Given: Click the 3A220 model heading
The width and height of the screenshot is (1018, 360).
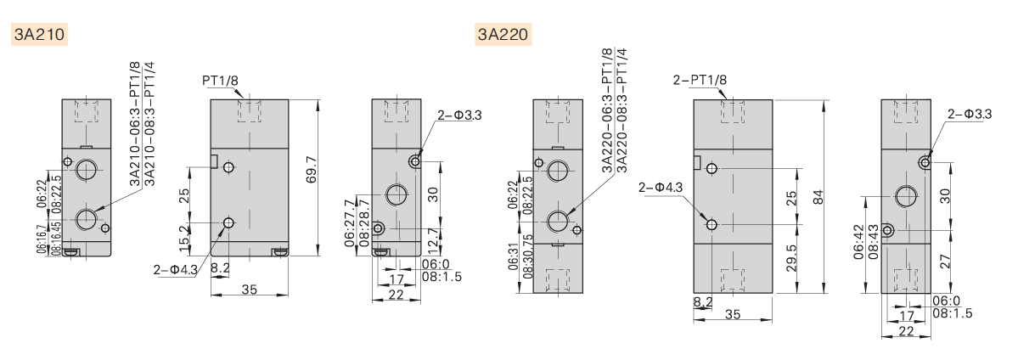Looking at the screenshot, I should tap(503, 35).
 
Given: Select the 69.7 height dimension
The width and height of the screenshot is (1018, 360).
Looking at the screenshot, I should tap(312, 175).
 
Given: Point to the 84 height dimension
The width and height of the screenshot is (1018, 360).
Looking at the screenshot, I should tap(818, 197).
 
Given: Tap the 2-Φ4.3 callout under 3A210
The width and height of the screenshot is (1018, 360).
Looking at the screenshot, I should tap(175, 269).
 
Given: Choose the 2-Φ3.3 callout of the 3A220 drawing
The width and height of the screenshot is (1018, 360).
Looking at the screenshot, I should tap(970, 113).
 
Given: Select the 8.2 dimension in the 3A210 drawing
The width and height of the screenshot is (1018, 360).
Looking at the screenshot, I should tap(219, 267).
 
